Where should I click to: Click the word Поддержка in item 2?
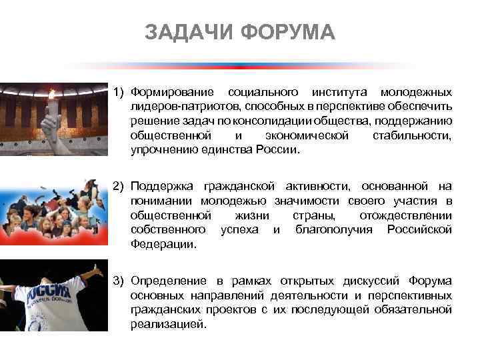tap(163, 185)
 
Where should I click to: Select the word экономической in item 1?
tap(307, 135)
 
